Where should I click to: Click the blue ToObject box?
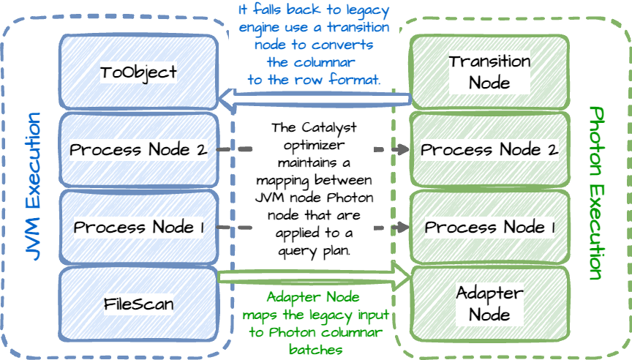coord(138,71)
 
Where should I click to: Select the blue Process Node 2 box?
coord(138,149)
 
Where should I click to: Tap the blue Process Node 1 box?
coord(138,227)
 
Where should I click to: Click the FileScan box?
coord(138,303)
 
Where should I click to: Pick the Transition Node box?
coord(489,71)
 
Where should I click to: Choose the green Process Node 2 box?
coord(489,149)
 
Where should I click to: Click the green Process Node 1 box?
coord(489,227)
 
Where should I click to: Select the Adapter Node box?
coord(489,304)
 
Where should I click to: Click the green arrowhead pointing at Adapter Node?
coord(403,277)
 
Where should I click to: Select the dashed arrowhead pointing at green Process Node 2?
coord(402,150)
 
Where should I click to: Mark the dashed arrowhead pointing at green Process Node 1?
coord(402,228)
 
